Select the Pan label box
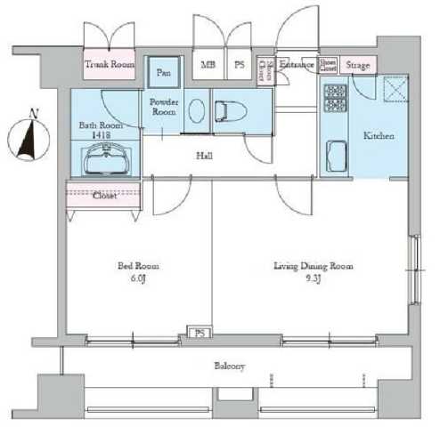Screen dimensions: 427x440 [164, 72]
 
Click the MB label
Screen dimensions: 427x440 [208, 64]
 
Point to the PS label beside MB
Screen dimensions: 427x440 [239, 64]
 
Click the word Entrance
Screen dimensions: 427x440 [296, 64]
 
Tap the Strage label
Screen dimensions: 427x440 [357, 65]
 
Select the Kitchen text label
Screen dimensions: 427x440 [378, 136]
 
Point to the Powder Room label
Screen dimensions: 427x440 [164, 107]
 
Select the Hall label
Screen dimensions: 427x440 [204, 156]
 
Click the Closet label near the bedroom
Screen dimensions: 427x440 [104, 196]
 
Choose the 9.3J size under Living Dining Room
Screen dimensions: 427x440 [311, 278]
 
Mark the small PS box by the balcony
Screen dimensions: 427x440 [199, 334]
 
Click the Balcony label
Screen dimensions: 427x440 [230, 366]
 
